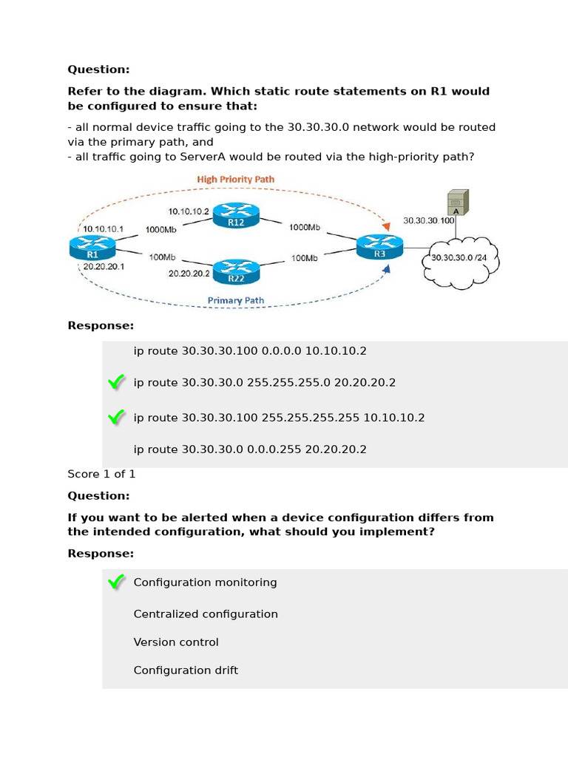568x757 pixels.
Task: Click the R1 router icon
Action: coord(88,246)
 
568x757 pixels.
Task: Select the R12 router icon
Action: coord(236,215)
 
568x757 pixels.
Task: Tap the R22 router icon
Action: coord(236,271)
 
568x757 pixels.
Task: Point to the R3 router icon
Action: coord(379,246)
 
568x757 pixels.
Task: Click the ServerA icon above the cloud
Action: coord(457,203)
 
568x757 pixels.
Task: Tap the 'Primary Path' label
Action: coord(235,300)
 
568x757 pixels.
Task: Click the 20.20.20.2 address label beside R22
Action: coord(189,273)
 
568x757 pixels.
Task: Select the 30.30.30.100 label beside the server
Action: coord(427,220)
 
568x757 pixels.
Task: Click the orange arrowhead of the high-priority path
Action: coord(384,224)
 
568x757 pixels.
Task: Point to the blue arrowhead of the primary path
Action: coord(385,271)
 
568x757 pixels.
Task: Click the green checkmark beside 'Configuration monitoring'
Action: coord(115,583)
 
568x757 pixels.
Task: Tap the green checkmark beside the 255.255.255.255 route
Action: coord(115,418)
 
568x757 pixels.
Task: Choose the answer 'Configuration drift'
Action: coord(186,671)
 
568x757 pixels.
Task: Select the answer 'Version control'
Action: coord(176,642)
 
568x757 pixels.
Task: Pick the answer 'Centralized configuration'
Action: coord(206,614)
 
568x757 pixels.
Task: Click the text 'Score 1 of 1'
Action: coord(101,474)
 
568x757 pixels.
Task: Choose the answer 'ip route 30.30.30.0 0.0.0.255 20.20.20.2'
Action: coord(250,449)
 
